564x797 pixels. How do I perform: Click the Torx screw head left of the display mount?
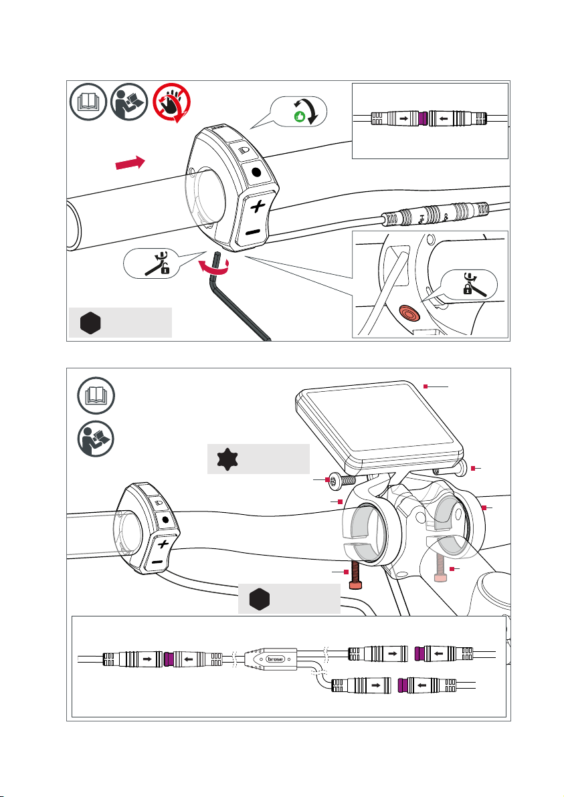point(329,481)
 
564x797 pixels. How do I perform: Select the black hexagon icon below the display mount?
point(259,600)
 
